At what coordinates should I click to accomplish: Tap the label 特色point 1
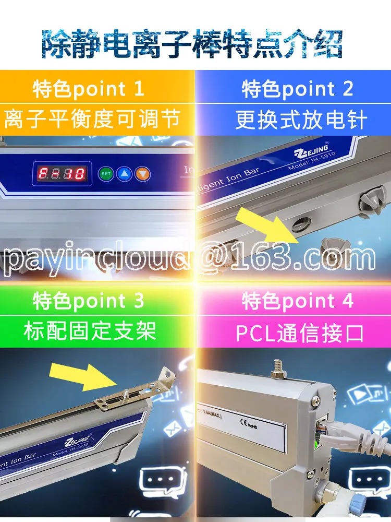pos(89,89)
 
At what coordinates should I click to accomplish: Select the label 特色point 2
pos(298,89)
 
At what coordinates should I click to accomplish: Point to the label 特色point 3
pos(89,301)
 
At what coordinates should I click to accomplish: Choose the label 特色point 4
pos(298,301)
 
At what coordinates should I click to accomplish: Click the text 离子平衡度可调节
pos(92,119)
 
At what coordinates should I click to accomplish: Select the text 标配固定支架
pos(90,331)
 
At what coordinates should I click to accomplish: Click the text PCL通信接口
pos(300,333)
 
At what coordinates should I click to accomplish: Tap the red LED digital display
pos(62,173)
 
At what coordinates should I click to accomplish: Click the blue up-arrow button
pos(124,173)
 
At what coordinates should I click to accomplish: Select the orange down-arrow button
pos(142,173)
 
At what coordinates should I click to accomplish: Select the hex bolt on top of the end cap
pos(277,370)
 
